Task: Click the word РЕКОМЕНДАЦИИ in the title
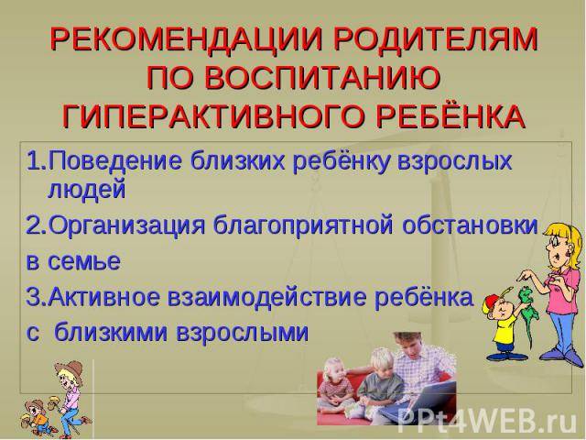185,39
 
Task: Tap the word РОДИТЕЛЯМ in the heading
433,39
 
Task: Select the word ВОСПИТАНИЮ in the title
322,78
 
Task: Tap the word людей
87,190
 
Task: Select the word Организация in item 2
127,226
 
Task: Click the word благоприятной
303,226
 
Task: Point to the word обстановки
470,225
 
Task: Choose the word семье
84,261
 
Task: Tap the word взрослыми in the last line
242,333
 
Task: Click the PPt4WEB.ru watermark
486,422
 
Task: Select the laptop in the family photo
418,403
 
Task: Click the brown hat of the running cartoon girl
71,369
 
